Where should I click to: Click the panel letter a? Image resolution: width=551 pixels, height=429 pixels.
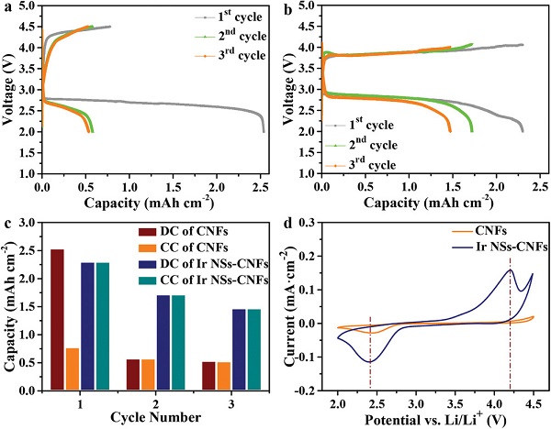coord(8,9)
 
